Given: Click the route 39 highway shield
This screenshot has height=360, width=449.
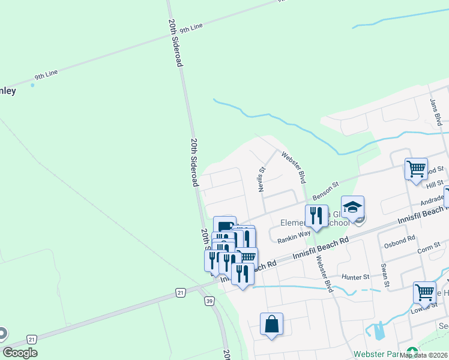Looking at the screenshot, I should [209, 300].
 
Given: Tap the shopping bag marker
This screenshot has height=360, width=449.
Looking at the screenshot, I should [271, 324].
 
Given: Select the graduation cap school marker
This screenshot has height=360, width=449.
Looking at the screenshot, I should [353, 207].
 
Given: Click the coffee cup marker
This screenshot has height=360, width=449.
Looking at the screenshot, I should [224, 226].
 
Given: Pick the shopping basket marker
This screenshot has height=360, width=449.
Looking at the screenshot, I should [247, 257].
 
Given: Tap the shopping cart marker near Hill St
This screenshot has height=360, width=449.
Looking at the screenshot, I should [416, 168].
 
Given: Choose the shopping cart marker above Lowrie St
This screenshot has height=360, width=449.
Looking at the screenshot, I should [424, 293].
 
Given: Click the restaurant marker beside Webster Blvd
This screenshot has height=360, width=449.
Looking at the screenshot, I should [316, 215].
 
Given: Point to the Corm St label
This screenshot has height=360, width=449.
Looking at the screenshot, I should [429, 247].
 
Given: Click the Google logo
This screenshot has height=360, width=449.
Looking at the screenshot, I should [20, 353].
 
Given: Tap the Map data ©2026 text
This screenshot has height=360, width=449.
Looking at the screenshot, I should [423, 355].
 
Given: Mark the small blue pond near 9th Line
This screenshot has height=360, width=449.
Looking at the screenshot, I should [32, 85].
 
